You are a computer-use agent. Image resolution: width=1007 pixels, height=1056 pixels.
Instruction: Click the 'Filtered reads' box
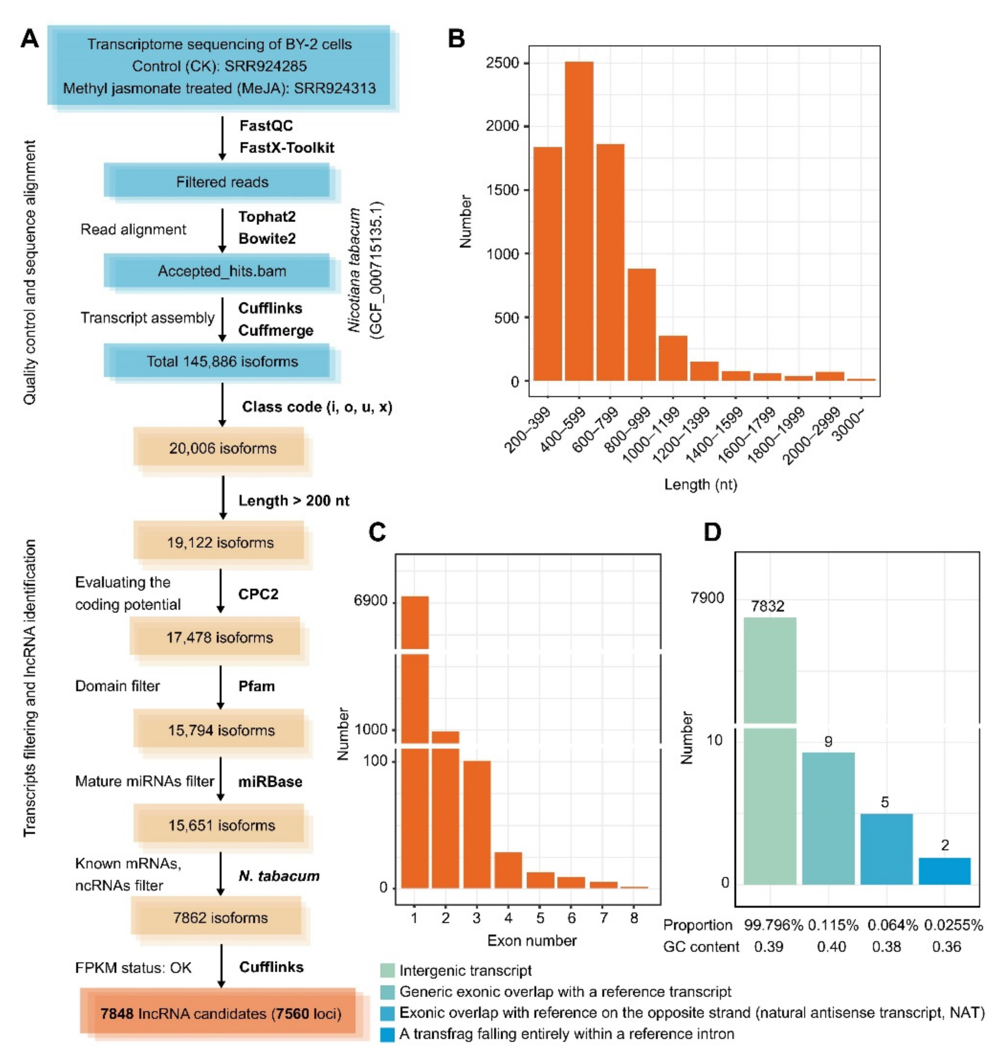point(222,182)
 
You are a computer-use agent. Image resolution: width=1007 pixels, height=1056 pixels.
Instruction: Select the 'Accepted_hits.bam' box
point(222,271)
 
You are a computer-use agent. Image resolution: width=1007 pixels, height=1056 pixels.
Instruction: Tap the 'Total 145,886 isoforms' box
point(222,361)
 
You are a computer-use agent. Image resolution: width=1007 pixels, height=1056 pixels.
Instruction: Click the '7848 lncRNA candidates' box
point(221,1014)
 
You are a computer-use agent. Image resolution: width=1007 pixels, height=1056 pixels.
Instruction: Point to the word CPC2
point(258,594)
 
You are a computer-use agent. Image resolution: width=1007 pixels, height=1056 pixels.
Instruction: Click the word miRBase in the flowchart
point(270,782)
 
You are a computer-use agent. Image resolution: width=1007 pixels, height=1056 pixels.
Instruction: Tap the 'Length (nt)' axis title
point(701,485)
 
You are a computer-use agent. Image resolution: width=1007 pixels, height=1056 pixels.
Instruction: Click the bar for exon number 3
point(477,824)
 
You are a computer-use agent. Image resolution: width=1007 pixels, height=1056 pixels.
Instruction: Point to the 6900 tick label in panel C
point(371,600)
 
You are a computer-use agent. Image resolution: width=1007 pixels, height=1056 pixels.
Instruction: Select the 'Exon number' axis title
point(531,941)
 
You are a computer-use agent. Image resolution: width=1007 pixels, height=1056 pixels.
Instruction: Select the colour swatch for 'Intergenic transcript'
point(387,971)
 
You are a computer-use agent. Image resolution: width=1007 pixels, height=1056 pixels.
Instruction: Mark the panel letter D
point(712,532)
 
